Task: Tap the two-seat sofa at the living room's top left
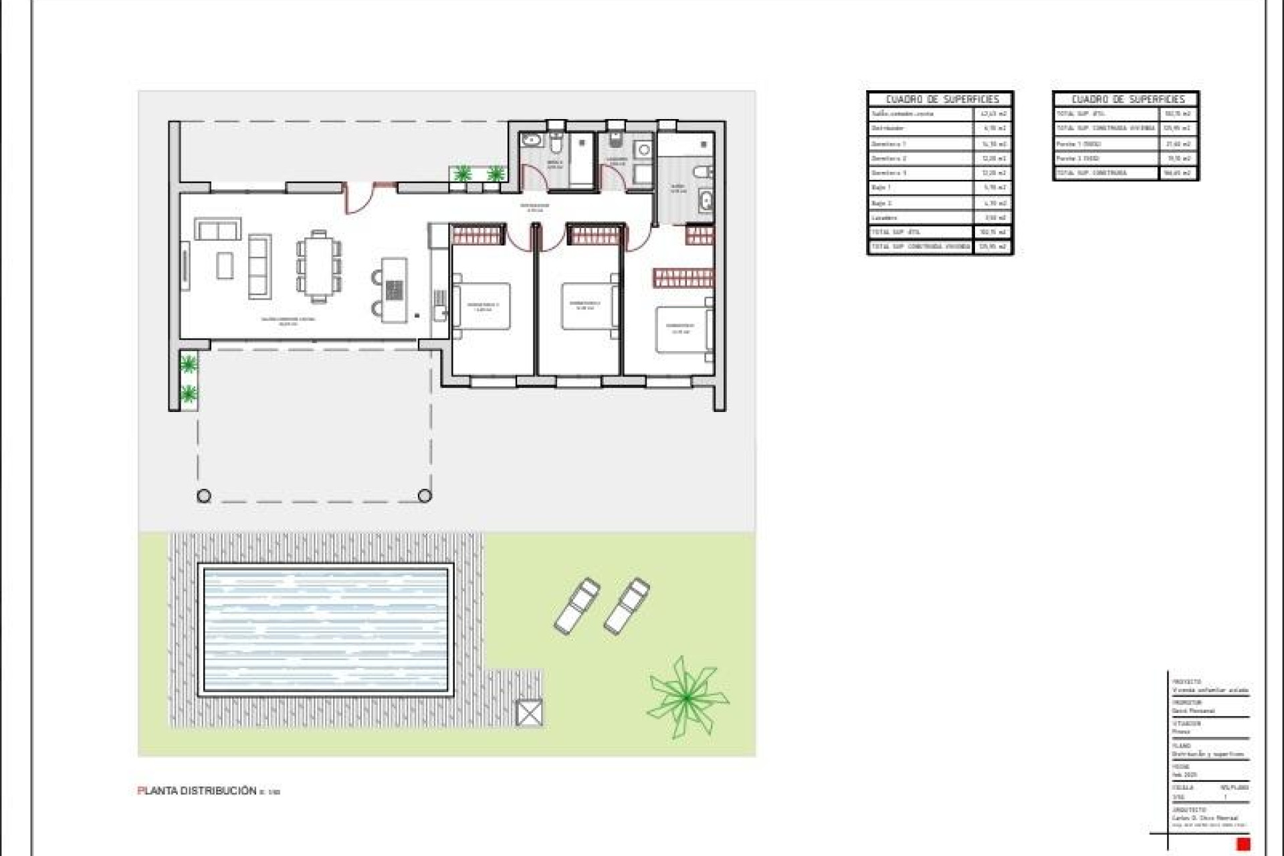point(218,229)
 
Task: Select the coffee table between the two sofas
point(225,265)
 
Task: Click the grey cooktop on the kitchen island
point(395,290)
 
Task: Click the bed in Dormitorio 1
point(483,306)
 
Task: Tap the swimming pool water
point(326,629)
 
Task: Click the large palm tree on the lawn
point(687,698)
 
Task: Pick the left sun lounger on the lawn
point(577,605)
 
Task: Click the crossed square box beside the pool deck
point(529,713)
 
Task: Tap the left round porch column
point(204,496)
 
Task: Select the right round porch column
point(425,496)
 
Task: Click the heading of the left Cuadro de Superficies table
point(942,99)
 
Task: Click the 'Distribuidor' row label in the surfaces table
point(888,128)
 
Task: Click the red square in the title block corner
point(1244,844)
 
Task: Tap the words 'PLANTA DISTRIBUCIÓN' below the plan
point(198,790)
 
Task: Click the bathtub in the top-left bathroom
point(533,140)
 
